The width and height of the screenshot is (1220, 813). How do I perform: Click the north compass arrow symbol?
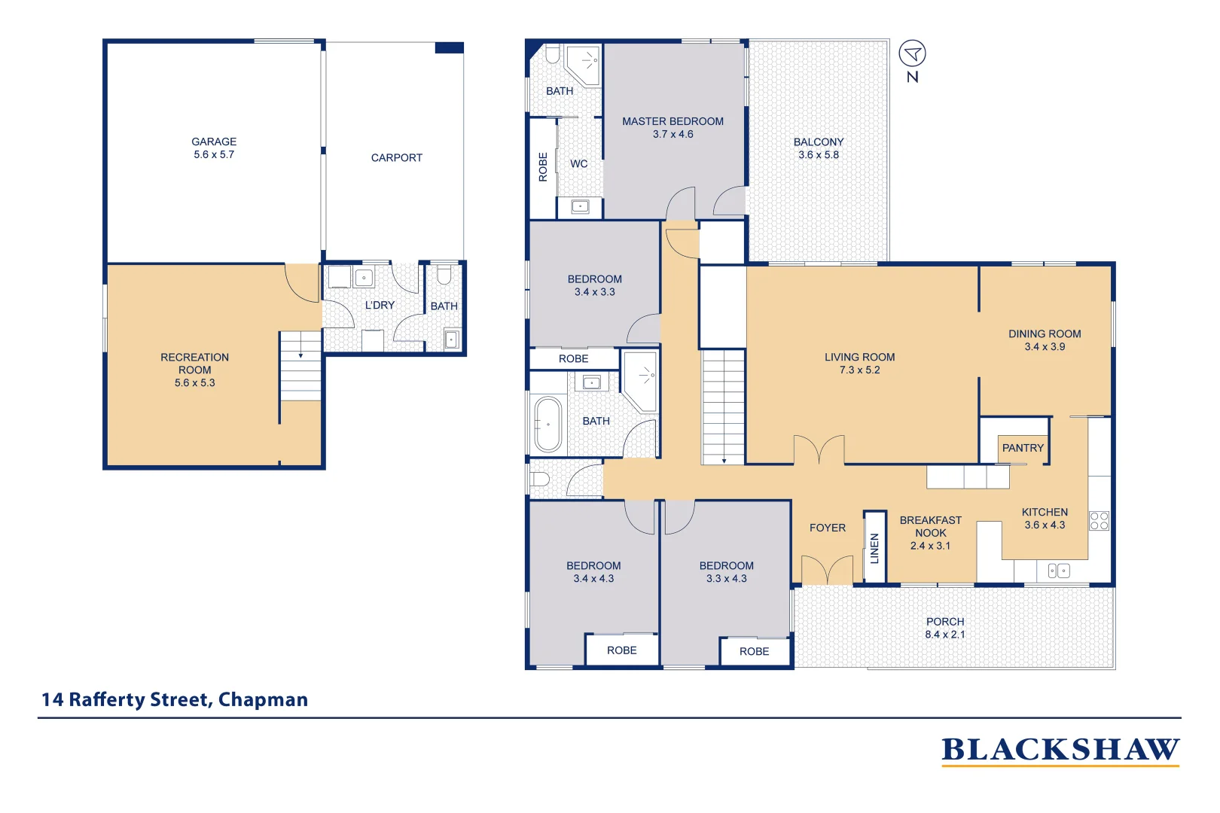pos(912,53)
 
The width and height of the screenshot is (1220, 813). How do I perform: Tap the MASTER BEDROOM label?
pos(673,121)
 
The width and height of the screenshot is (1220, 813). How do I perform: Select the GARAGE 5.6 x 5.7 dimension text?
pos(214,154)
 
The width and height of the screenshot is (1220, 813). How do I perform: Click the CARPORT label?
pos(396,158)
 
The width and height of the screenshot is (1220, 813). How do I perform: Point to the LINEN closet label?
pos(874,548)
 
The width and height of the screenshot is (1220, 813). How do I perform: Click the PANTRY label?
pos(1023,448)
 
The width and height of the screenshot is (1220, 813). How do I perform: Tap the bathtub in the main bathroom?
pos(548,425)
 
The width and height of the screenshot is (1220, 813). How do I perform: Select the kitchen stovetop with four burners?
pos(1099,520)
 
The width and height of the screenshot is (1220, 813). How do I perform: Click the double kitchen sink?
pos(1058,571)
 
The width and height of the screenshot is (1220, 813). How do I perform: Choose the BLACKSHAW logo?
pos(1060,750)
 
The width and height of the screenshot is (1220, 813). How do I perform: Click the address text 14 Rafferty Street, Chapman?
pos(175,699)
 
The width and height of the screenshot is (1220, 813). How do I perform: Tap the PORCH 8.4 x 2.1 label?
pos(944,628)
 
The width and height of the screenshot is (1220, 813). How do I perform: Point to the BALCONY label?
pos(818,142)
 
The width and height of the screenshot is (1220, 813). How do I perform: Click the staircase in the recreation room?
pos(300,367)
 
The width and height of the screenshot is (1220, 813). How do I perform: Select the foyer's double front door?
pos(827,571)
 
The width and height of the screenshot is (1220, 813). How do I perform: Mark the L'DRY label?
pos(380,305)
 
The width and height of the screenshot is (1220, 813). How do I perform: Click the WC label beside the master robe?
pos(578,163)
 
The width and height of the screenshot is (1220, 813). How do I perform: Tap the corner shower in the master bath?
pos(584,65)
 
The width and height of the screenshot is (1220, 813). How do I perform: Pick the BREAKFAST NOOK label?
pos(930,526)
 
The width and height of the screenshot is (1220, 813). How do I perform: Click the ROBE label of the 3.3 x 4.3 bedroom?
pos(754,651)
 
